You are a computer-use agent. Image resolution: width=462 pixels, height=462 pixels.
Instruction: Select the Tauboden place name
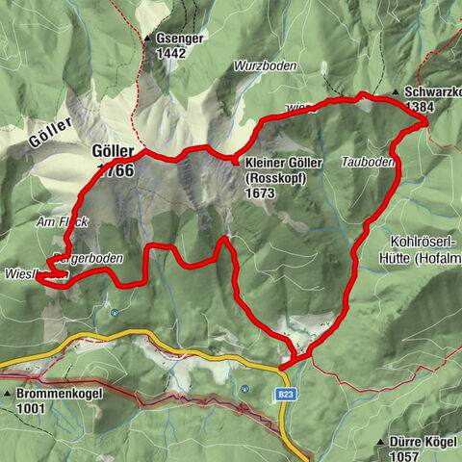367,163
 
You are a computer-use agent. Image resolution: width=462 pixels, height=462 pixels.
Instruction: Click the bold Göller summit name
113,152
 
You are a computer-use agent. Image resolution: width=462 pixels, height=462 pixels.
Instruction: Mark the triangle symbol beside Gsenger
148,39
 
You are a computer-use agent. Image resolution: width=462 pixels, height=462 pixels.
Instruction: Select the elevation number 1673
260,192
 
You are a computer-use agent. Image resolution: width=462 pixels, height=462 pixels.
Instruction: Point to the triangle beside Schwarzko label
396,92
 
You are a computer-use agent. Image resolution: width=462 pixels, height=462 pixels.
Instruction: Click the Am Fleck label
59,222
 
